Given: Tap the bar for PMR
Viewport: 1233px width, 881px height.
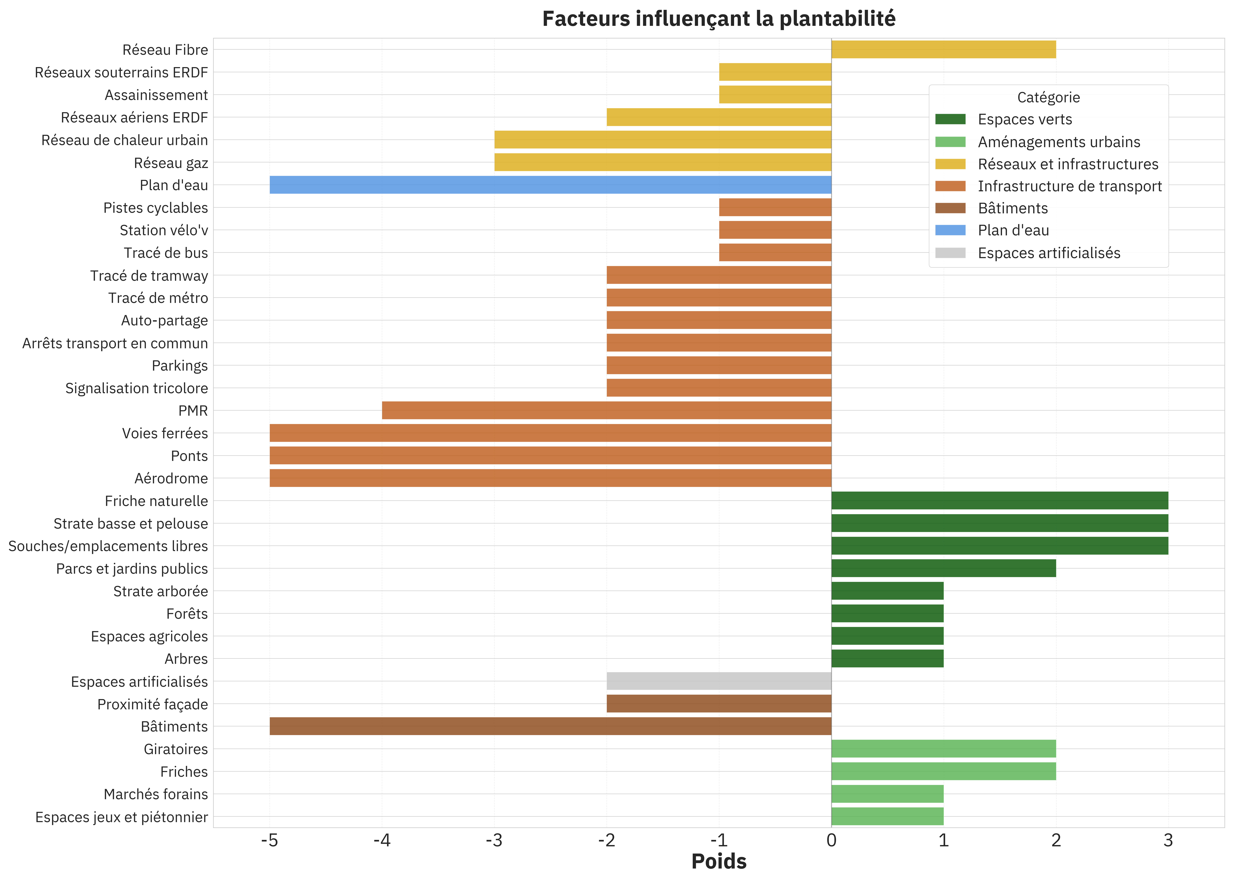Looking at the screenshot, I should pos(606,411).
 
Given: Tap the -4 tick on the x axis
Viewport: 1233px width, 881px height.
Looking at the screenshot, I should pos(382,841).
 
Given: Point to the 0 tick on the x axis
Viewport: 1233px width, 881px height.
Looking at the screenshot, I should pos(831,841).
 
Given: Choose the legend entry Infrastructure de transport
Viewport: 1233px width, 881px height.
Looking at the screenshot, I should pos(1069,186).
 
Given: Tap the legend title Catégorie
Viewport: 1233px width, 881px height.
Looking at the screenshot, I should pos(1048,98).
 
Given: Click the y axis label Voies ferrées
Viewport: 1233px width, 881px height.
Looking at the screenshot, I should pos(165,433).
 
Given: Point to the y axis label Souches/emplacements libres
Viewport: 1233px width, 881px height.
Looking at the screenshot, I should pos(108,546).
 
